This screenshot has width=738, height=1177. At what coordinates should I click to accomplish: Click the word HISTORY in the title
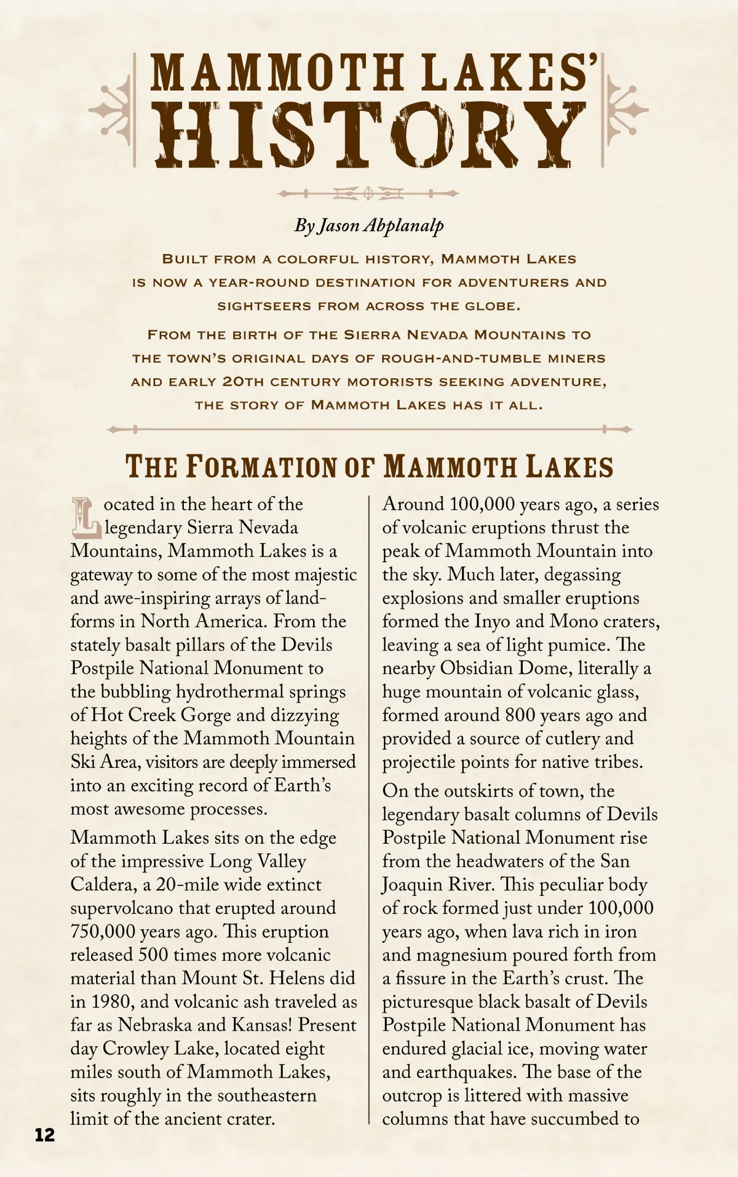[x=369, y=135]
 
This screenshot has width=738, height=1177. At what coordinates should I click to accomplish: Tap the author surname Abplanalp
[x=403, y=226]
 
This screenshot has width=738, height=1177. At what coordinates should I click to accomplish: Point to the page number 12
[x=45, y=1135]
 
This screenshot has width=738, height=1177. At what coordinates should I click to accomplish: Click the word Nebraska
[x=157, y=1025]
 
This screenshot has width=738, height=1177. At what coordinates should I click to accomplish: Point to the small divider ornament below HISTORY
[x=368, y=194]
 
